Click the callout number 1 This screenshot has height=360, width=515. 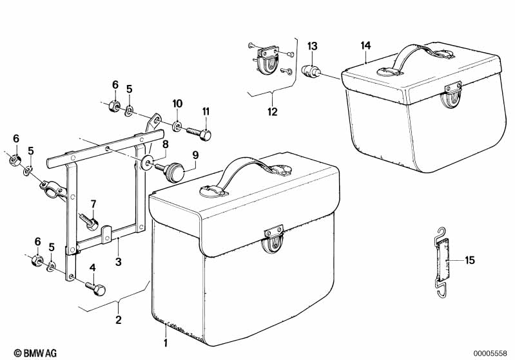(x=166, y=343)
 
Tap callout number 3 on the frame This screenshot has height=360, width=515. (x=118, y=261)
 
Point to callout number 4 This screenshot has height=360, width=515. (x=92, y=268)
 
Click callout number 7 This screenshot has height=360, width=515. (x=93, y=204)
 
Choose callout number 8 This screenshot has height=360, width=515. (x=165, y=145)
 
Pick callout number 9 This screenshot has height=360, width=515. (x=195, y=155)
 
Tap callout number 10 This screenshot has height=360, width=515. (x=177, y=104)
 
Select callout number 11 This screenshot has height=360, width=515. (x=206, y=112)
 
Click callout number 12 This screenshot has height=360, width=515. (x=272, y=111)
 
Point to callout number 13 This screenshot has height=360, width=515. (x=312, y=46)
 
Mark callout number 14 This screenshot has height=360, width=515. (x=366, y=45)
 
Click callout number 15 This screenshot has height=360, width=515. (x=469, y=260)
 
